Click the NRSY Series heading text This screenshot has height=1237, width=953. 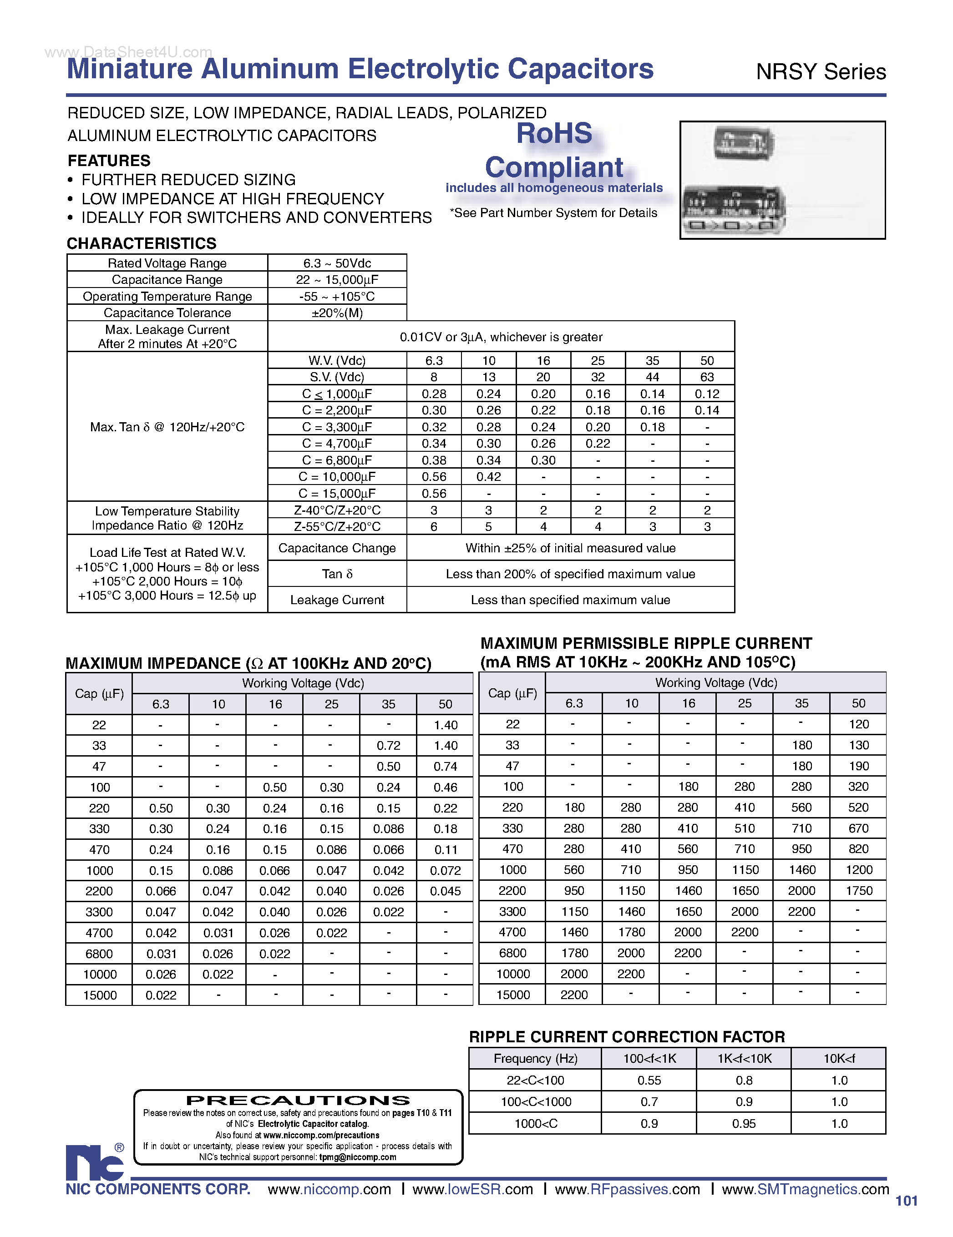[821, 72]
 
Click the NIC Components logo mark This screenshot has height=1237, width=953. [95, 1162]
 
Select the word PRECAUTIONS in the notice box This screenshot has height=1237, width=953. [298, 1100]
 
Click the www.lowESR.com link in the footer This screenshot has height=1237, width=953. [472, 1189]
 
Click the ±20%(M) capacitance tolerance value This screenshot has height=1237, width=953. [337, 313]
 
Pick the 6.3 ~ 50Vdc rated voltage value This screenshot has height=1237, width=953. [337, 263]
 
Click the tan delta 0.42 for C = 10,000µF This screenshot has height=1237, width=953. [488, 477]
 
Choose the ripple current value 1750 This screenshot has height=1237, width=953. [858, 891]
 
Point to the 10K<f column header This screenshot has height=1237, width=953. [839, 1059]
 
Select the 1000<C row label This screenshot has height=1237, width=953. [535, 1124]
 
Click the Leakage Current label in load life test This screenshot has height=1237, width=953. [337, 600]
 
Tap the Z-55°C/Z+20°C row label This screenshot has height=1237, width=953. [337, 527]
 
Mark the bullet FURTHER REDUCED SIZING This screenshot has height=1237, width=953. [188, 180]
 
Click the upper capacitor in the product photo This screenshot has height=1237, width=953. [742, 144]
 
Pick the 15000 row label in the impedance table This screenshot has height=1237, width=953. [100, 995]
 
